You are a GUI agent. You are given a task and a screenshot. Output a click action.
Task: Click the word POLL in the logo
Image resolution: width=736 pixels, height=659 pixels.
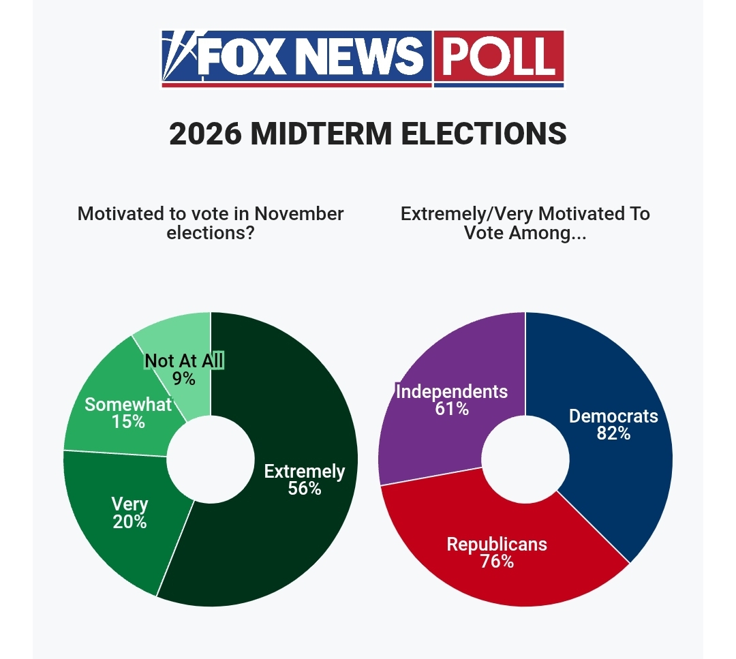[x=498, y=57]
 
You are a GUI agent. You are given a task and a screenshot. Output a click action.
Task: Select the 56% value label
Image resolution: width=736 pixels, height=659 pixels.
[x=305, y=489]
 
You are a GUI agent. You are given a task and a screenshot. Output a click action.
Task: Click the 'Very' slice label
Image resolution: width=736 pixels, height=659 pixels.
[x=129, y=504]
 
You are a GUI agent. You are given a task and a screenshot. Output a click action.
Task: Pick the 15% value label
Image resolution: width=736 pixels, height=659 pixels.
[x=128, y=422]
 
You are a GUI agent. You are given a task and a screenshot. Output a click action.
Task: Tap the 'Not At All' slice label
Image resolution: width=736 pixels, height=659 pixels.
[x=184, y=361]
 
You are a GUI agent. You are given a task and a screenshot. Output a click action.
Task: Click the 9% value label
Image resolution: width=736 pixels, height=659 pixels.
[x=184, y=378]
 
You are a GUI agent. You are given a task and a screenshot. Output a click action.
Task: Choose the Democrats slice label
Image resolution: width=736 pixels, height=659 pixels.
[x=613, y=416]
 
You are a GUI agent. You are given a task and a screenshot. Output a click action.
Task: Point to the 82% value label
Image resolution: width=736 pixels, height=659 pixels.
[x=613, y=433]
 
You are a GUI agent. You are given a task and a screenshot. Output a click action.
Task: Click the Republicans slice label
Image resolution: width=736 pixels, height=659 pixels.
[x=497, y=544]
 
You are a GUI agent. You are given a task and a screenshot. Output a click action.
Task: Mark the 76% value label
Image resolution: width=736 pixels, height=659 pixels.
[x=497, y=562]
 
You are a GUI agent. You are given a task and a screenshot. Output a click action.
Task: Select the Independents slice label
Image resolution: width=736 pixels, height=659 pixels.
[x=452, y=391]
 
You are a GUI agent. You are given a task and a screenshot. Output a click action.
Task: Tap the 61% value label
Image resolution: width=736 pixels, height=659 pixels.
[x=452, y=409]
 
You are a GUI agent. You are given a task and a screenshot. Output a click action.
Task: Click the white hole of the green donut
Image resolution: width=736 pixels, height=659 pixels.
[x=211, y=459]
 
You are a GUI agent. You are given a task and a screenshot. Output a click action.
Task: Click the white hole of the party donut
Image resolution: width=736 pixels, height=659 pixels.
[x=525, y=459]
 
